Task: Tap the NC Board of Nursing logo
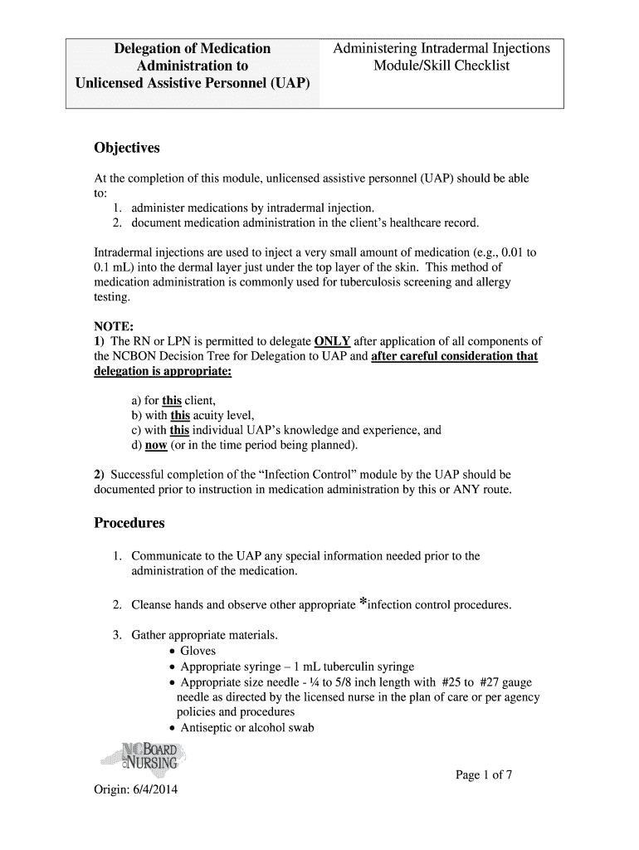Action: [149, 756]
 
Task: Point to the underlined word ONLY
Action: [333, 341]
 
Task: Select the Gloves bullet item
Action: [198, 651]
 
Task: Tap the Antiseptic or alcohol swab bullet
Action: [246, 728]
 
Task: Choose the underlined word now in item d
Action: [156, 446]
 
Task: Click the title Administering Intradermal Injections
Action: [441, 49]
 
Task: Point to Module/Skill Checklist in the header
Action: [441, 66]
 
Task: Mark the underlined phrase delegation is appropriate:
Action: [162, 371]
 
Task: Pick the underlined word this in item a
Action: [172, 400]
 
